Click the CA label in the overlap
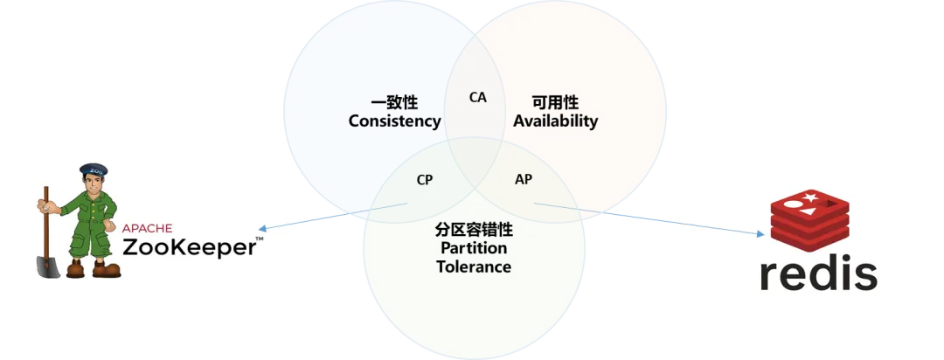(x=477, y=97)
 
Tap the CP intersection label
(x=425, y=180)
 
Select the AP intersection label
(x=524, y=179)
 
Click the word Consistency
(x=394, y=121)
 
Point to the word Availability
(x=555, y=121)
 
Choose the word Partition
(x=473, y=248)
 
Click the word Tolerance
(x=473, y=267)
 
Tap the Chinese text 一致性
(x=394, y=102)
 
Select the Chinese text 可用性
(x=555, y=102)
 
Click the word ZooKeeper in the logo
(x=189, y=247)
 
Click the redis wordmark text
(x=817, y=273)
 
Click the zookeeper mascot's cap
(x=93, y=170)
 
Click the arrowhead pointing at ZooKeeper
(x=263, y=229)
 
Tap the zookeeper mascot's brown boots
(x=92, y=269)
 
